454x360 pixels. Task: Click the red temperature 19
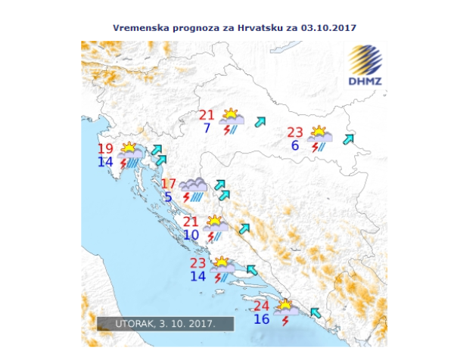coord(105,149)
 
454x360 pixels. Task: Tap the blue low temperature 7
coord(207,128)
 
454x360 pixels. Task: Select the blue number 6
coord(294,145)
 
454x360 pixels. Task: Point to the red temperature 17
coord(168,184)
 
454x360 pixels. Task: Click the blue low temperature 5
coord(168,197)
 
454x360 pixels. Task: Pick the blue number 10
coord(191,235)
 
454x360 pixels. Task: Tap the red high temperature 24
coord(262,306)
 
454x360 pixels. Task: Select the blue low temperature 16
coord(262,319)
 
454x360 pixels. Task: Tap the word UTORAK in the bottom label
coord(134,324)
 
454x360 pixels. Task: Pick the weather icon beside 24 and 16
coord(286,310)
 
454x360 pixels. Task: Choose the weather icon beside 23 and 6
coord(319,137)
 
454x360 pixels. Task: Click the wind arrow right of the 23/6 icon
coord(348,139)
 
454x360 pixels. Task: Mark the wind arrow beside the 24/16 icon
coord(316,312)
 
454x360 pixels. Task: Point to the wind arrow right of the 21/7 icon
coord(260,121)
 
